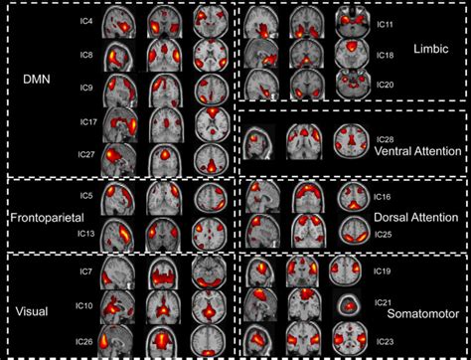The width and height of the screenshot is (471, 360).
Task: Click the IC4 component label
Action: (x=86, y=17)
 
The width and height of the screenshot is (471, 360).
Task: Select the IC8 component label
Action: (x=86, y=56)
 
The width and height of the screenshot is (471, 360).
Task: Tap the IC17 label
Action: (x=86, y=122)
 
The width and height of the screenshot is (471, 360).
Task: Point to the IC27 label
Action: (x=86, y=153)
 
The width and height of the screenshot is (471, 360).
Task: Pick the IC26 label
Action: (x=86, y=341)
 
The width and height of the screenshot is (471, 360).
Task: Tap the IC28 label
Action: (x=385, y=139)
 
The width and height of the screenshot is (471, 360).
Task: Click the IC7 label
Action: (x=86, y=271)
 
